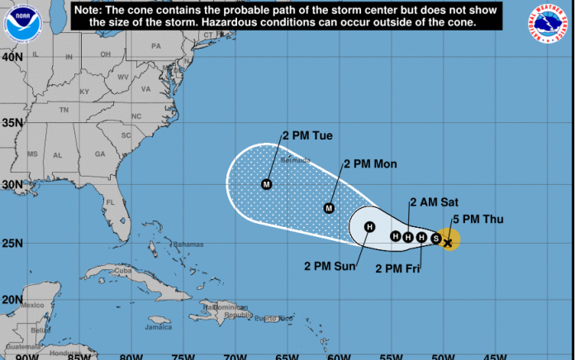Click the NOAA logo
[21, 22]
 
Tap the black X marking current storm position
[448, 242]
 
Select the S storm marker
[435, 239]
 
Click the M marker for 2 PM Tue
[267, 184]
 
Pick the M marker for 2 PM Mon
[329, 208]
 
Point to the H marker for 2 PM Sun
[369, 227]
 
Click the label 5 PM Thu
[478, 219]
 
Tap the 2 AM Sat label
[434, 202]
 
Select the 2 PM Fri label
[398, 268]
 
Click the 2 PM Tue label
[307, 135]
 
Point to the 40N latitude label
[12, 58]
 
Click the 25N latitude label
[12, 244]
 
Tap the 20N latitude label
[12, 300]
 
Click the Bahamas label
[188, 244]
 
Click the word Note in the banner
[90, 9]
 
